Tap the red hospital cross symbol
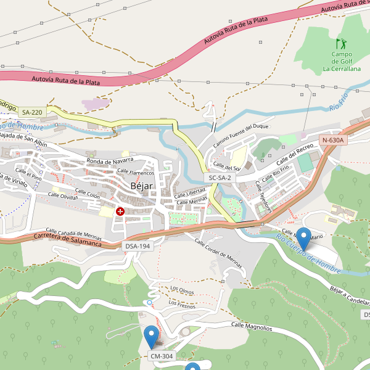(120, 212)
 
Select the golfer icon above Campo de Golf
(340, 44)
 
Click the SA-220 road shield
(32, 112)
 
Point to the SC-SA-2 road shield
(220, 178)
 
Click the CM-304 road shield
(162, 356)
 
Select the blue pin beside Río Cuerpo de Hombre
(303, 238)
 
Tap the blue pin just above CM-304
(151, 337)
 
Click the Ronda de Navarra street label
(110, 161)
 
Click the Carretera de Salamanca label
(68, 239)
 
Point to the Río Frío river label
(339, 102)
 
